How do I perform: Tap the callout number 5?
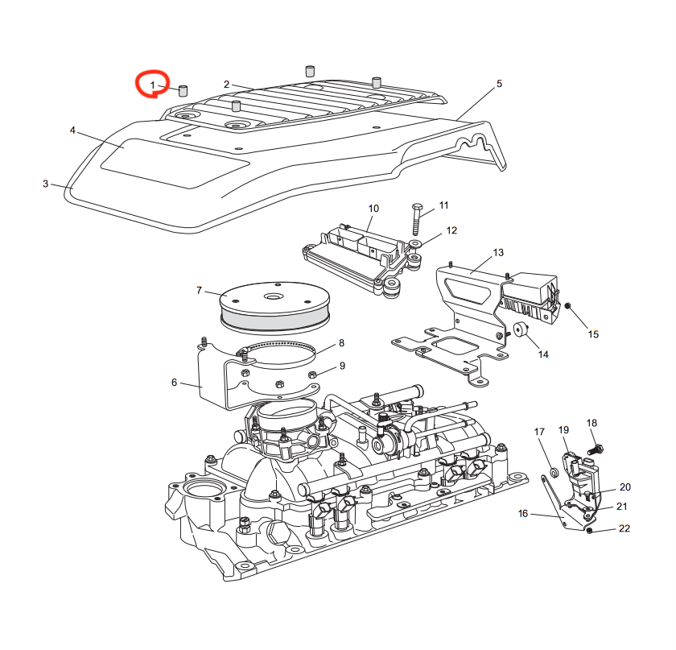[x=499, y=84]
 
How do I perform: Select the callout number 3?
[x=46, y=184]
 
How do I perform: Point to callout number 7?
[x=199, y=290]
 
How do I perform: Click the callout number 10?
[x=373, y=209]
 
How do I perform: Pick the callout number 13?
[x=498, y=253]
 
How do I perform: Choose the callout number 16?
[x=522, y=513]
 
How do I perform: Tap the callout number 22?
[x=624, y=528]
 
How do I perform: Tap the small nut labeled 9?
[x=313, y=375]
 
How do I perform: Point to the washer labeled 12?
[x=416, y=242]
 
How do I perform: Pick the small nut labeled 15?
[x=568, y=307]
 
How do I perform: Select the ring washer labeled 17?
[x=554, y=471]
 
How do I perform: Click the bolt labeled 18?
[x=595, y=448]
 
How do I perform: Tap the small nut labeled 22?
[x=591, y=532]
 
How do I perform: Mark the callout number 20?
[x=624, y=487]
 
